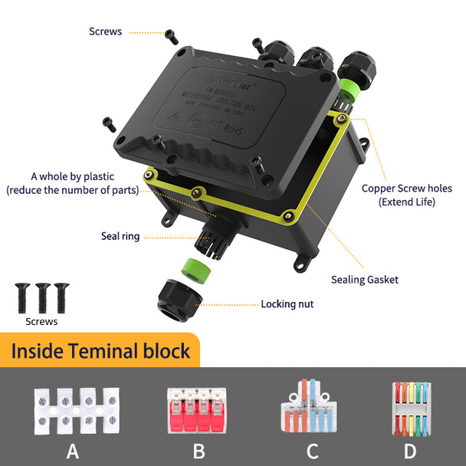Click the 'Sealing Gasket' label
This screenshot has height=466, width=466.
click(x=365, y=280)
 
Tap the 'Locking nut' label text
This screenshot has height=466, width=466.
click(x=287, y=304)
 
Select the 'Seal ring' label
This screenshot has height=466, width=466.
click(x=120, y=236)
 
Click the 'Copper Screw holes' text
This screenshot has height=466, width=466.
click(x=407, y=189)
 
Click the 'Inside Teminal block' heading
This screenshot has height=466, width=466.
click(x=100, y=352)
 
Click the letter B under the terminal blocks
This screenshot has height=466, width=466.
click(x=199, y=450)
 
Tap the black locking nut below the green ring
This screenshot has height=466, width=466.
click(x=179, y=300)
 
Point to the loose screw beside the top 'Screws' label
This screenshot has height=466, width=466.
click(x=172, y=36)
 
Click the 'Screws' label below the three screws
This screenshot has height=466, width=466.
click(x=41, y=322)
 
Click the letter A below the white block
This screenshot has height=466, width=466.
click(x=73, y=450)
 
